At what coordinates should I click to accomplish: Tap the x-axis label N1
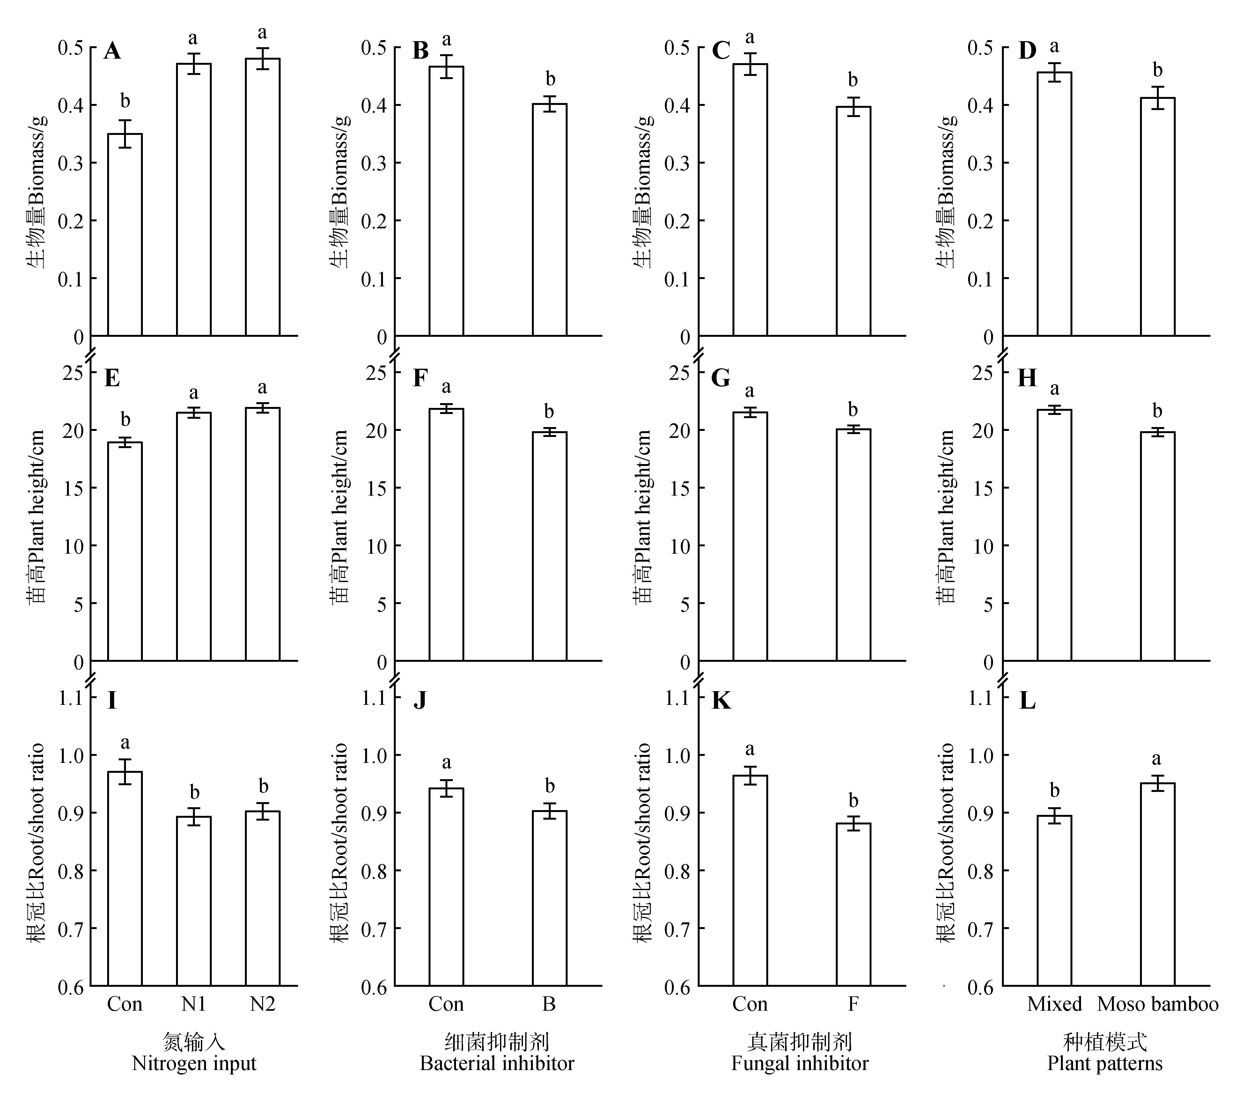193,1004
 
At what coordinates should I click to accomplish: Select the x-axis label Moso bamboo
1157,1004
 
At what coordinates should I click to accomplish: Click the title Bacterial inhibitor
497,1064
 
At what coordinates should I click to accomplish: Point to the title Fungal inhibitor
800,1064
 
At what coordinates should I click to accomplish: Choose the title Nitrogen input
194,1064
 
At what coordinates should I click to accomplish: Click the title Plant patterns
1104,1064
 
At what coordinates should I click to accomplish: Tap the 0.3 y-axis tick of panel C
677,163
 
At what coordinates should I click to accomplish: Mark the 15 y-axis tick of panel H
983,488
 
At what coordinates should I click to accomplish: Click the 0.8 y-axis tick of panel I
70,871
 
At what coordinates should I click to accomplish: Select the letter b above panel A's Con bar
125,101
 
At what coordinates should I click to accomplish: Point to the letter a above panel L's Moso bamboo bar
1157,759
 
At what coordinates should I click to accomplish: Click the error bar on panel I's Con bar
125,771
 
